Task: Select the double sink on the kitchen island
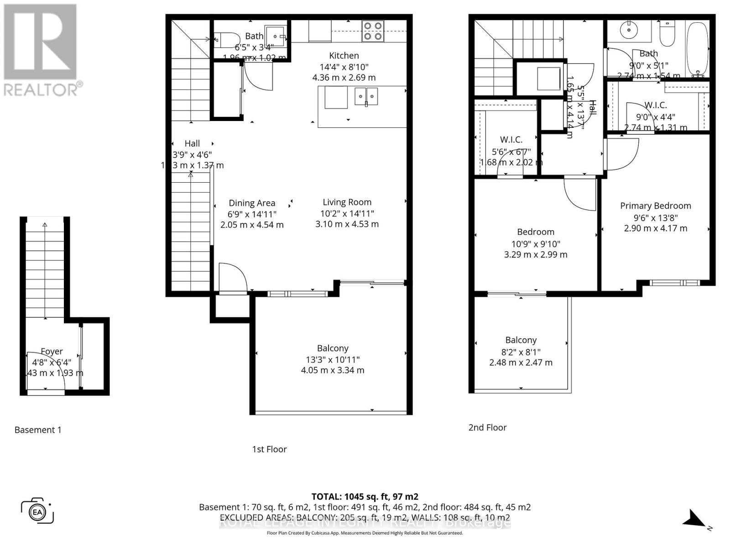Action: coord(366,96)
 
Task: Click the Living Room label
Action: coord(347,202)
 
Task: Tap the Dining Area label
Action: coord(252,203)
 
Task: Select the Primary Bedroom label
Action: coord(655,206)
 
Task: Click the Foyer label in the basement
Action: coord(52,352)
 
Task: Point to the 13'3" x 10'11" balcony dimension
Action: coord(333,359)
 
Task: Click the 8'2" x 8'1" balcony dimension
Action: coord(521,352)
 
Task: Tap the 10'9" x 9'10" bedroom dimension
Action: coord(536,244)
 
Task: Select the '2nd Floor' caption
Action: coord(487,427)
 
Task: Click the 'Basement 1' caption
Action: coord(38,430)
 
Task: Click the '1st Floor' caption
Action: coord(269,449)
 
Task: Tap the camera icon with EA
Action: coord(37,511)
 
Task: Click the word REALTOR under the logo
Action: coord(41,89)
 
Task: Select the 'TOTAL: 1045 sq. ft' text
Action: coord(365,496)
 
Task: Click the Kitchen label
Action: coord(344,56)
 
